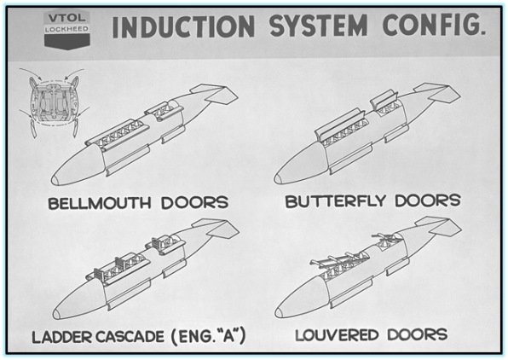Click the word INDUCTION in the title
[180, 28]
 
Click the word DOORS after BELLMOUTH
[196, 203]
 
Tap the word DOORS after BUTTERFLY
[431, 202]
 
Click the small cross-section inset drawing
[52, 105]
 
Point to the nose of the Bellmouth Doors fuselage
[60, 177]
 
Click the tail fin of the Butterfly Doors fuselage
[438, 91]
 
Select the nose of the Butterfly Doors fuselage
[281, 176]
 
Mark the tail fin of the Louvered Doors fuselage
[441, 226]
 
